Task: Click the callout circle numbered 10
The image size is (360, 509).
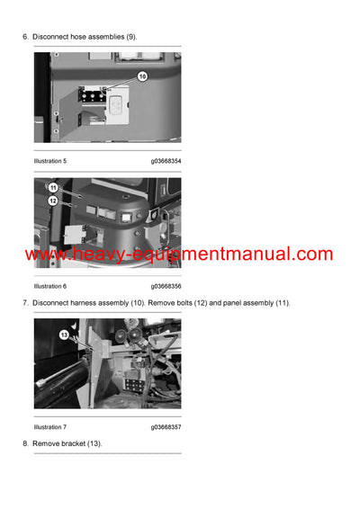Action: [141, 77]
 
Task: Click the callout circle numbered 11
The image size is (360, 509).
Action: [53, 187]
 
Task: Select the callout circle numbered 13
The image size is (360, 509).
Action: [64, 335]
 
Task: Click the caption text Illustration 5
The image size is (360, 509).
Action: [50, 161]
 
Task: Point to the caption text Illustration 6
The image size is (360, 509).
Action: [50, 286]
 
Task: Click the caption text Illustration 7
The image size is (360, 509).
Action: [50, 427]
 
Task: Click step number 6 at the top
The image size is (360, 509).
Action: [24, 36]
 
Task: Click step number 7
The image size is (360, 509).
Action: [24, 303]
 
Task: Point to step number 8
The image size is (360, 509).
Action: [24, 444]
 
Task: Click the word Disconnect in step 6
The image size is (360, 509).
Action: [50, 36]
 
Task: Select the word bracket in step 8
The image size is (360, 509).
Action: [78, 444]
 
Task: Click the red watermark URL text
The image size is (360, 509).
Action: [179, 254]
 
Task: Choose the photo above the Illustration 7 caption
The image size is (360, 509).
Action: [107, 364]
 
